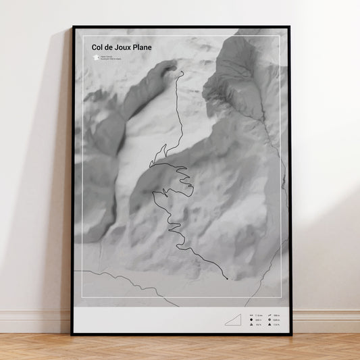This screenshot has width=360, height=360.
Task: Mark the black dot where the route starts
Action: point(227,278)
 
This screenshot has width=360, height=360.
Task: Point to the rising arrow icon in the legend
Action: point(270,315)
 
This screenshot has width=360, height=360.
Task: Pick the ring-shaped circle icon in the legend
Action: point(270,320)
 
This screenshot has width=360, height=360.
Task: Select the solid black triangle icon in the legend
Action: point(270,325)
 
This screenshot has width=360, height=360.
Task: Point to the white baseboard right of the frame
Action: point(324,322)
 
